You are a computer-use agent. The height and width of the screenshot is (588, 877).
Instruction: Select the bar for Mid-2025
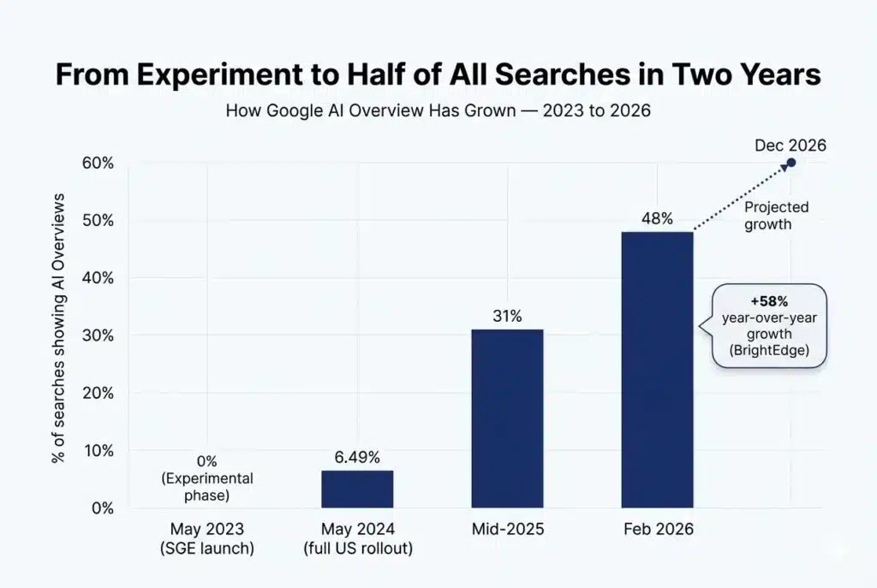pyautogui.click(x=507, y=419)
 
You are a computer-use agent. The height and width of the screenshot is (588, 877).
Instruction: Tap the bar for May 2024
pyautogui.click(x=357, y=489)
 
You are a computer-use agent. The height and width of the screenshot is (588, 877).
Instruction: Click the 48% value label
pyautogui.click(x=657, y=218)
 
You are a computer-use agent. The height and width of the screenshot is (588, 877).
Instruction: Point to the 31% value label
pyautogui.click(x=507, y=316)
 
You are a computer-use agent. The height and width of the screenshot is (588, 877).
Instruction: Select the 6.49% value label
pyautogui.click(x=357, y=457)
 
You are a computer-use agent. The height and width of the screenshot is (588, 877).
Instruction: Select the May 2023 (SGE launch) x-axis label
pyautogui.click(x=207, y=538)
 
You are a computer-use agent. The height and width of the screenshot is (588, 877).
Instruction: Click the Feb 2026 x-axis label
pyautogui.click(x=657, y=530)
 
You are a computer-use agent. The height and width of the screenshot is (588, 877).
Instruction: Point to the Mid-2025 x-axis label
pyautogui.click(x=507, y=530)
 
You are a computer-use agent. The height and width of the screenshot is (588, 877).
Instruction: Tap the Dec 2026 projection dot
pyautogui.click(x=791, y=163)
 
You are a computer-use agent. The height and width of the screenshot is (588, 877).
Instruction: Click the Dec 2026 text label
pyautogui.click(x=790, y=145)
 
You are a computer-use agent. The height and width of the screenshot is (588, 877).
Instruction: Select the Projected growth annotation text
pyautogui.click(x=776, y=215)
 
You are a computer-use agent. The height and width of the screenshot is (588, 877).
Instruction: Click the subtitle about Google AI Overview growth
pyautogui.click(x=438, y=111)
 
